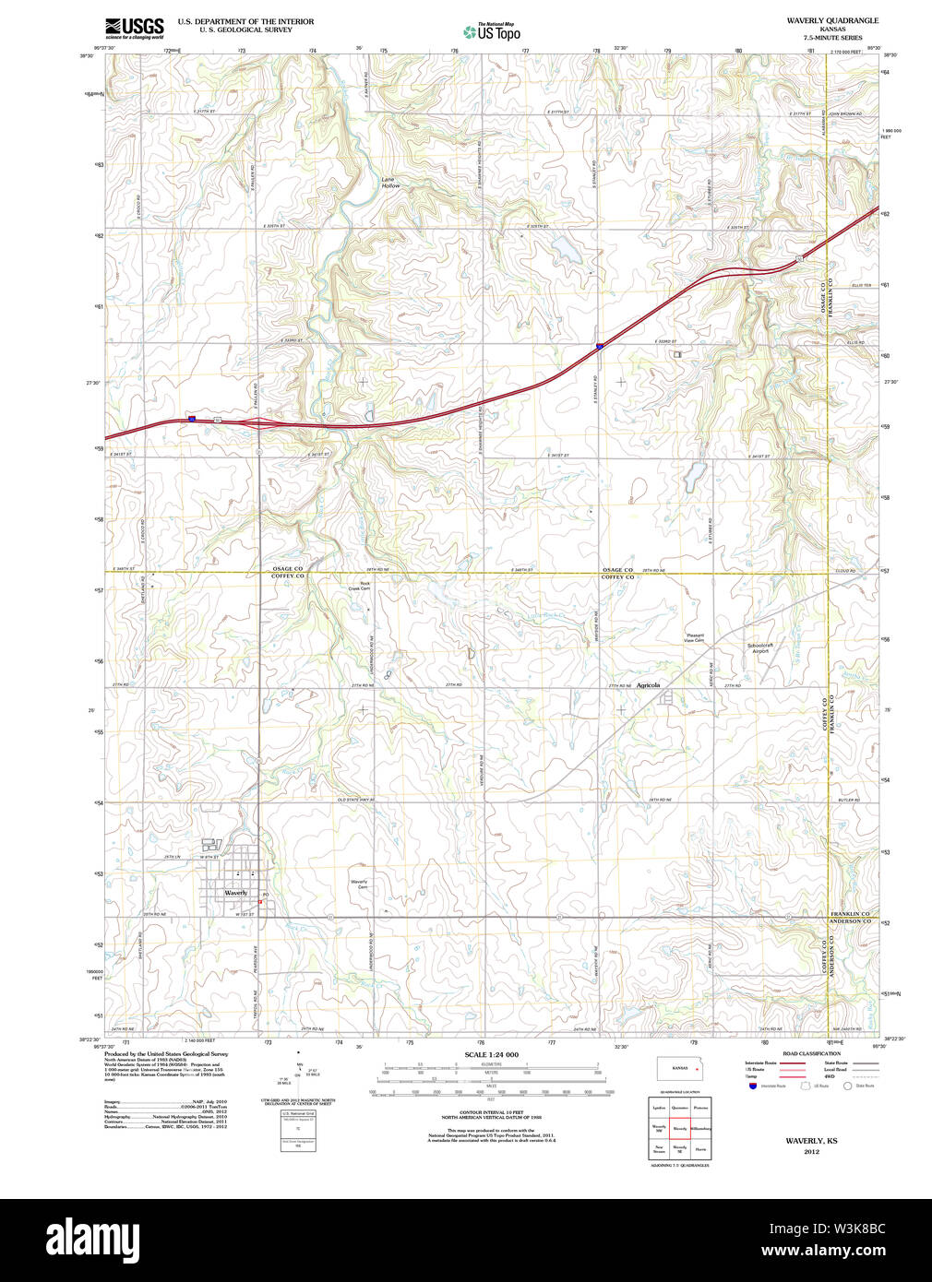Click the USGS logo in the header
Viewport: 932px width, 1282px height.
(x=134, y=27)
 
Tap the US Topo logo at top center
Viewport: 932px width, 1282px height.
(x=492, y=31)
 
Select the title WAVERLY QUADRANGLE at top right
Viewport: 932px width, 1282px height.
(x=831, y=20)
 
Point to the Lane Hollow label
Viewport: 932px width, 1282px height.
(x=391, y=184)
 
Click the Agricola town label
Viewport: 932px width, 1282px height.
(x=648, y=685)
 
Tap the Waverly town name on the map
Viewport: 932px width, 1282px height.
(x=235, y=893)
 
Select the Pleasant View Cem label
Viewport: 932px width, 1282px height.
(x=695, y=637)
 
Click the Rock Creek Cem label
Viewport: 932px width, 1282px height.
(x=364, y=586)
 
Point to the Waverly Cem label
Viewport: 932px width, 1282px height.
(x=359, y=884)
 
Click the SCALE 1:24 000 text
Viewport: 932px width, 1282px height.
(x=491, y=1054)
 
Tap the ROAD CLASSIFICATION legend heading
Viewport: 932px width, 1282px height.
(x=811, y=1053)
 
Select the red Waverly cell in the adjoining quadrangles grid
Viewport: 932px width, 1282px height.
(x=680, y=1127)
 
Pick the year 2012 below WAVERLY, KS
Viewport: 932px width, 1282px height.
(x=811, y=1151)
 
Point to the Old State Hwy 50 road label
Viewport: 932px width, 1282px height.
(x=355, y=800)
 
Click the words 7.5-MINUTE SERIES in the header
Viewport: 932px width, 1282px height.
(x=832, y=38)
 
